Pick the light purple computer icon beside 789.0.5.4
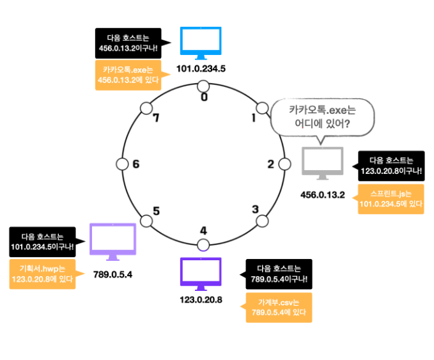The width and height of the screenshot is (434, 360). (113, 240)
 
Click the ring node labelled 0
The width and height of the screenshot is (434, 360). (203, 86)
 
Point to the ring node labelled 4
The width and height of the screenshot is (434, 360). (203, 244)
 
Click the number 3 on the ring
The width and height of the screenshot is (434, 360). (255, 209)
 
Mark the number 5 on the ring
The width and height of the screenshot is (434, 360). (156, 210)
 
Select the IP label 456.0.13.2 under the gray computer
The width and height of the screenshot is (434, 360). (322, 194)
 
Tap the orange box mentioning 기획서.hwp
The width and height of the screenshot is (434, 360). (42, 273)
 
